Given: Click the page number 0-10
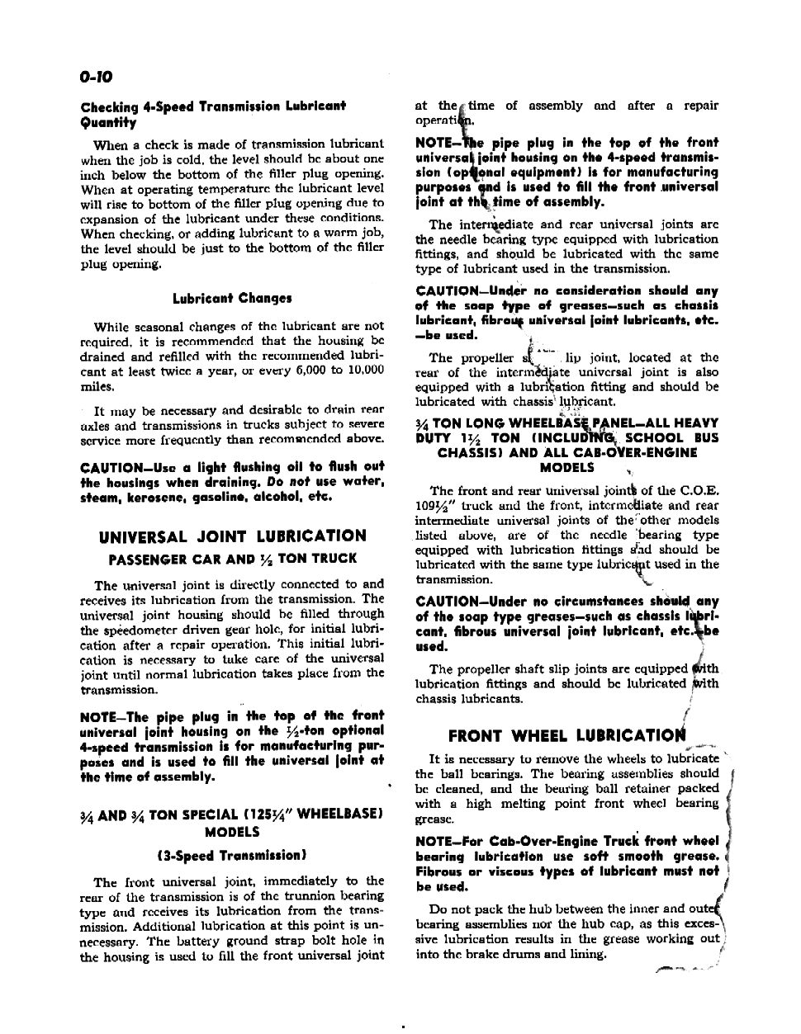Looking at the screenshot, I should pos(96,77).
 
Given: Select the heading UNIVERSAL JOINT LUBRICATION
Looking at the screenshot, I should pos(232,536).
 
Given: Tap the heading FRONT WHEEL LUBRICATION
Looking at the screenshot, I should pos(566,736).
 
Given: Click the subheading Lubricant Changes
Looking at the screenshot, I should pos(232,299).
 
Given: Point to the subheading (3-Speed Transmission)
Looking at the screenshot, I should pos(232,855).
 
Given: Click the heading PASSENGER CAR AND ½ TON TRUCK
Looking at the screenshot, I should pos(232,559).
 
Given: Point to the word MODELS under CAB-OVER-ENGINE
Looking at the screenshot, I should pos(566,467).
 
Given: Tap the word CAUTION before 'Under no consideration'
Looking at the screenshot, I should pos(448,290).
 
